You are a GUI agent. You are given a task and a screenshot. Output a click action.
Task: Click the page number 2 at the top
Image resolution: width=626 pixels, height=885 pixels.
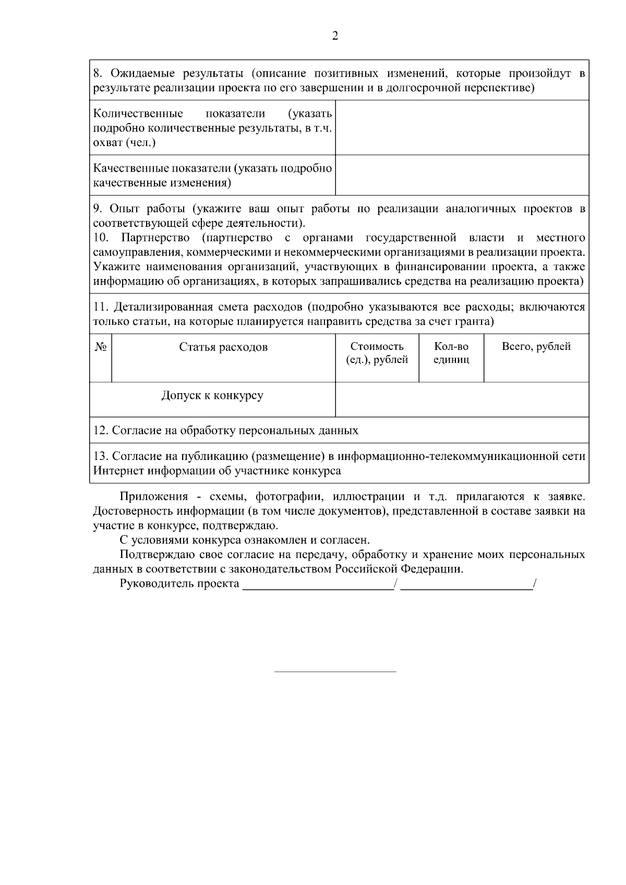[x=335, y=36]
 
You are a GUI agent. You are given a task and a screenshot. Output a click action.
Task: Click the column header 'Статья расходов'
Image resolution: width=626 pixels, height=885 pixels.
[x=223, y=347]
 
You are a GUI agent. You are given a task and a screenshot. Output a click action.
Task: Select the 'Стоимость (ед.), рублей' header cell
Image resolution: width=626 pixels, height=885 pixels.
[x=377, y=353]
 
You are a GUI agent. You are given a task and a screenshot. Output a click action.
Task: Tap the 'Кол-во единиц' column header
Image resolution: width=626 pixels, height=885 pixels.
[x=451, y=353]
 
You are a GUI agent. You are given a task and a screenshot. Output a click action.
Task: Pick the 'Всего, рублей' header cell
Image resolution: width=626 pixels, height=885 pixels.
[x=536, y=347]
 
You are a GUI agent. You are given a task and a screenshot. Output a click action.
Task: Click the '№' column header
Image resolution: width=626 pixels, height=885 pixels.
[x=101, y=347]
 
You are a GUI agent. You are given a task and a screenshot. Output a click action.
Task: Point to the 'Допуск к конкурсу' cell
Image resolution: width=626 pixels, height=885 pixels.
[x=212, y=396]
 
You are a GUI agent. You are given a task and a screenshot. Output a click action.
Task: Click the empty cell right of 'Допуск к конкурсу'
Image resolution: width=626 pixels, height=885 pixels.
[x=462, y=399]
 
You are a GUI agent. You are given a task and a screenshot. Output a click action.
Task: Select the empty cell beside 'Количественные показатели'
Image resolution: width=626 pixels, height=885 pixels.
[x=462, y=128]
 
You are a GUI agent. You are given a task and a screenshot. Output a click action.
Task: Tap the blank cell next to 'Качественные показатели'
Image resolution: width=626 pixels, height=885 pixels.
[x=462, y=175]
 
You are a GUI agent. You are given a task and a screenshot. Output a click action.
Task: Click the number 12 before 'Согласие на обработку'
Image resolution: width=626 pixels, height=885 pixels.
[x=100, y=431]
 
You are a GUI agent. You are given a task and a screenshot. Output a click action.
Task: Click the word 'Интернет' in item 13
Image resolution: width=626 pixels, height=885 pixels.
[x=119, y=471]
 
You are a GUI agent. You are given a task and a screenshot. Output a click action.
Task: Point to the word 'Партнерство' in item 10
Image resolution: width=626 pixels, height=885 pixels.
[x=155, y=238]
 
